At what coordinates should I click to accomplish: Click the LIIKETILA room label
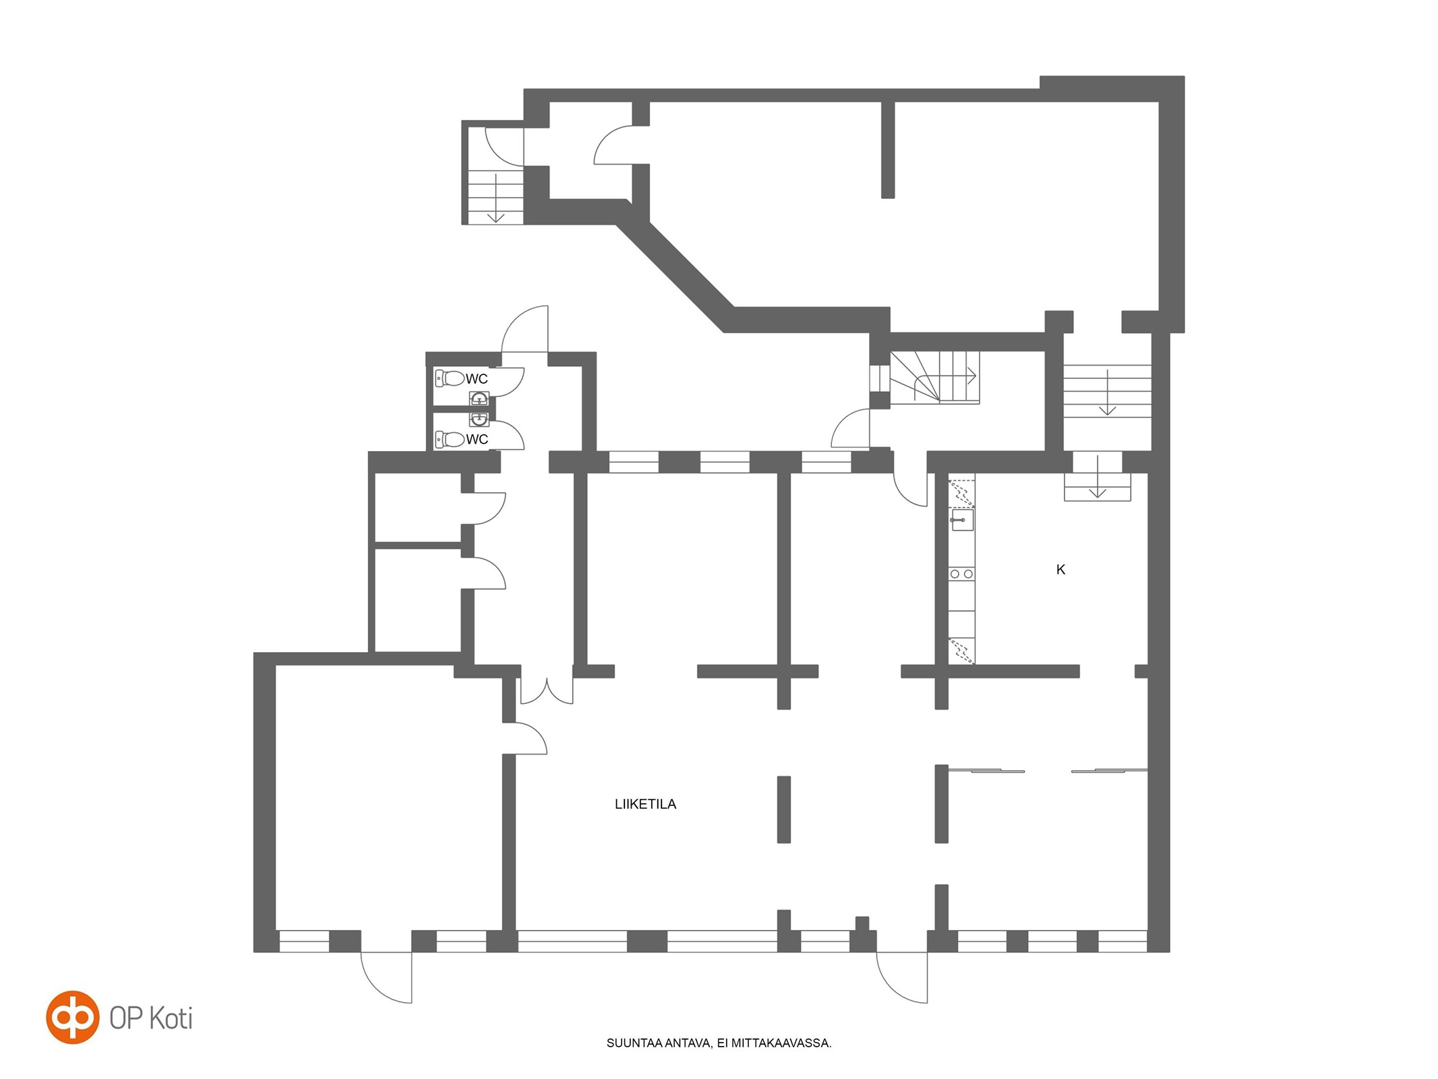pyautogui.click(x=645, y=804)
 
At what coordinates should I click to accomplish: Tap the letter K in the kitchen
pyautogui.click(x=1060, y=570)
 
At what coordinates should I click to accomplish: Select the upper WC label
pyautogui.click(x=477, y=379)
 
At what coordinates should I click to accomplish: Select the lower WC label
pyautogui.click(x=477, y=440)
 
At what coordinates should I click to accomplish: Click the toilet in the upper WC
pyautogui.click(x=450, y=378)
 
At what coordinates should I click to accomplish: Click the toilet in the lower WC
pyautogui.click(x=450, y=440)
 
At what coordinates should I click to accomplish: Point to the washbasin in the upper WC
pyautogui.click(x=479, y=399)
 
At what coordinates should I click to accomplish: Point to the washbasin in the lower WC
pyautogui.click(x=479, y=419)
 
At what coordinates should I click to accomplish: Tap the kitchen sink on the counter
pyautogui.click(x=962, y=520)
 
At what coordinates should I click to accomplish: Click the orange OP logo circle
pyautogui.click(x=73, y=1017)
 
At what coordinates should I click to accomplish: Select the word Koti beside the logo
pyautogui.click(x=170, y=1018)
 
